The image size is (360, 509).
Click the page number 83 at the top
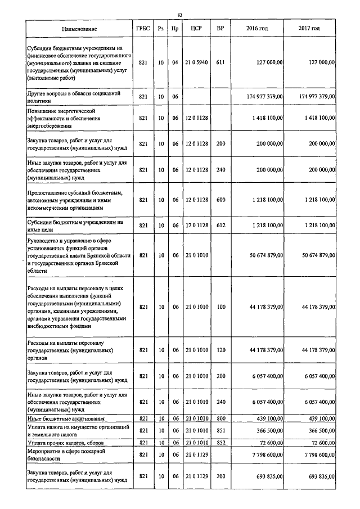pyautogui.click(x=179, y=15)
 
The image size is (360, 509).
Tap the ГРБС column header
pyautogui.click(x=143, y=29)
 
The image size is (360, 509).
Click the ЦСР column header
pyautogui.click(x=196, y=29)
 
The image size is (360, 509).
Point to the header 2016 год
pyautogui.click(x=257, y=29)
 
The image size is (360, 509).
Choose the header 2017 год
pyautogui.click(x=309, y=29)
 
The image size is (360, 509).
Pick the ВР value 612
pyautogui.click(x=220, y=225)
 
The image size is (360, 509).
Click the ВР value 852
pyautogui.click(x=220, y=443)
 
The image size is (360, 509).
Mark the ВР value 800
pyautogui.click(x=220, y=418)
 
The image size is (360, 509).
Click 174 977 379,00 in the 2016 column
pyautogui.click(x=265, y=97)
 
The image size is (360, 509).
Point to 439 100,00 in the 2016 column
pyautogui.click(x=271, y=418)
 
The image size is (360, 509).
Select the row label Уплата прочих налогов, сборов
pyautogui.click(x=64, y=443)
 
